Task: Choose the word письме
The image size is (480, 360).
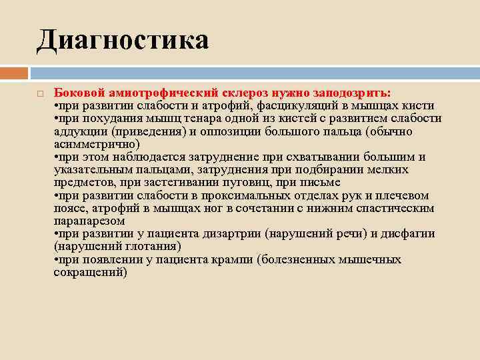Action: coord(319,183)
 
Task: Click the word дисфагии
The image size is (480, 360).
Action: coord(407,234)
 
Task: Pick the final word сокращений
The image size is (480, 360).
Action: coord(90,272)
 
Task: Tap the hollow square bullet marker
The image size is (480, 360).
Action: coord(41,94)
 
